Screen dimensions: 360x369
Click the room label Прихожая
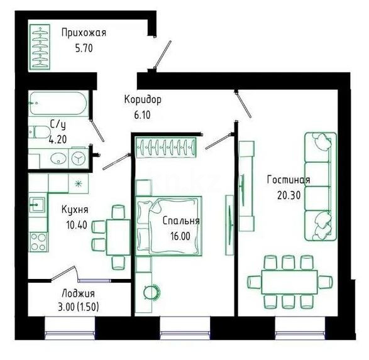pyautogui.click(x=84, y=33)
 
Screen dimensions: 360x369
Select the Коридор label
pyautogui.click(x=143, y=100)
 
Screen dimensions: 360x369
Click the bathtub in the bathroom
pyautogui.click(x=58, y=104)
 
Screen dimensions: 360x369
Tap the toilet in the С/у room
pyautogui.click(x=40, y=131)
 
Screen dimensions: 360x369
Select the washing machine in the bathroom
pyautogui.click(x=79, y=158)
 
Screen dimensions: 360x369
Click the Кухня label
pyautogui.click(x=74, y=210)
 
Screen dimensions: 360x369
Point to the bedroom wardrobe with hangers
pyautogui.click(x=167, y=147)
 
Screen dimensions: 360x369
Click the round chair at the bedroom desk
pyautogui.click(x=151, y=291)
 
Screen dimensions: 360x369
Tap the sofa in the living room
pyautogui.click(x=318, y=186)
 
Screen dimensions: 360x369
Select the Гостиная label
pyautogui.click(x=288, y=180)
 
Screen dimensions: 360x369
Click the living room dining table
pyautogui.click(x=289, y=281)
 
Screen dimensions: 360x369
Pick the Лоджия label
pyautogui.click(x=79, y=293)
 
